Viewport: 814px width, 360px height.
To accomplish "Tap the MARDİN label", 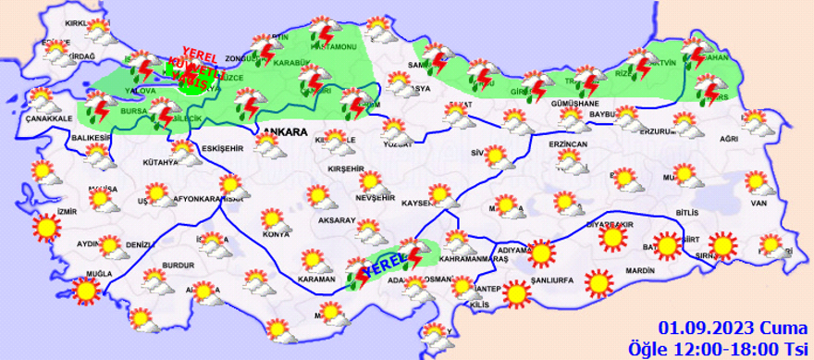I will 639,270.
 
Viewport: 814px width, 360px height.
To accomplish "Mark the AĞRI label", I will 729,138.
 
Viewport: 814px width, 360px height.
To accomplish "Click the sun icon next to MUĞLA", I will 87,292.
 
